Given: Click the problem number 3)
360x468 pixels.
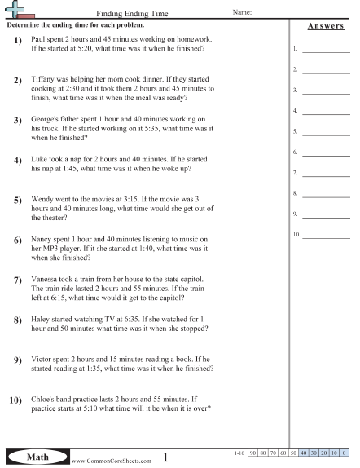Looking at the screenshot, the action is (17, 121).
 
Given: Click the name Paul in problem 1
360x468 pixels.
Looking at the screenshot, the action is (38, 39).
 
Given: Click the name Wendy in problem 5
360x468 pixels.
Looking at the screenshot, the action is (42, 198).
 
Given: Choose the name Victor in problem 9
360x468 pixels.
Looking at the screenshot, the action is (42, 359).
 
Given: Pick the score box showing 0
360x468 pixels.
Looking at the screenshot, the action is (344, 452).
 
